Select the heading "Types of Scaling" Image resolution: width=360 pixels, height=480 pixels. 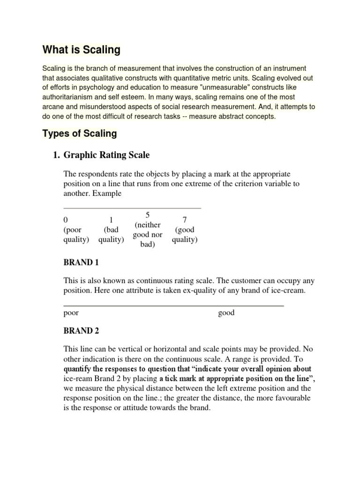(79, 134)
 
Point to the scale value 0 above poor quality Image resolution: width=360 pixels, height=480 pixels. (66, 220)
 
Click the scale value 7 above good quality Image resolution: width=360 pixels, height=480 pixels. (184, 220)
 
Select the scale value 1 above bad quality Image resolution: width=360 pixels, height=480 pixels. (111, 220)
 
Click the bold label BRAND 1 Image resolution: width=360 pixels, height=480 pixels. (81, 262)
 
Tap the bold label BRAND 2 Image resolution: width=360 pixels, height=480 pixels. (81, 330)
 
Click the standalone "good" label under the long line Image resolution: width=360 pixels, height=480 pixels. (226, 313)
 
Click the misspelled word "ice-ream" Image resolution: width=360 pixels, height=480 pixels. (78, 378)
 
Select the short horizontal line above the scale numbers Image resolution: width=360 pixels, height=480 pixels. (132, 207)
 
